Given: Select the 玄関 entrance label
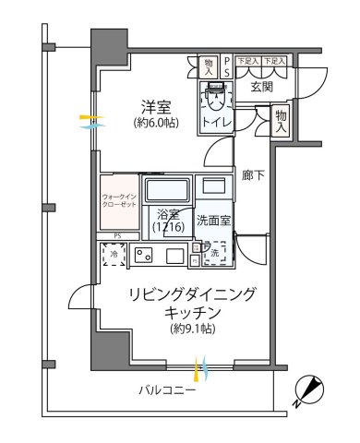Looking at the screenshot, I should coord(261,88).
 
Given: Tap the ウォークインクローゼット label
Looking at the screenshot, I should coord(119,201).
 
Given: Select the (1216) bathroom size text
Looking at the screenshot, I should coord(168,228).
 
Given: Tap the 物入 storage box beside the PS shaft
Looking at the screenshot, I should coord(209,66).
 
